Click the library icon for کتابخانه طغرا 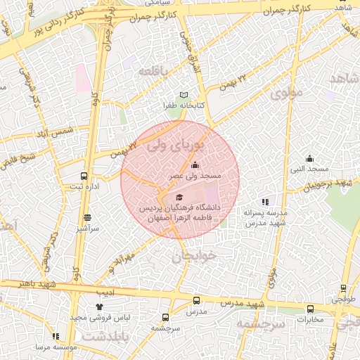[x=184, y=95]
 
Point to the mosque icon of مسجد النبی [x=309, y=158]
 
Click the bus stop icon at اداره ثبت [x=84, y=176]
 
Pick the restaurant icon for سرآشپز [x=87, y=218]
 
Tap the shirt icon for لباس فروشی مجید [x=98, y=307]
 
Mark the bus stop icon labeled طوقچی [x=343, y=288]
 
